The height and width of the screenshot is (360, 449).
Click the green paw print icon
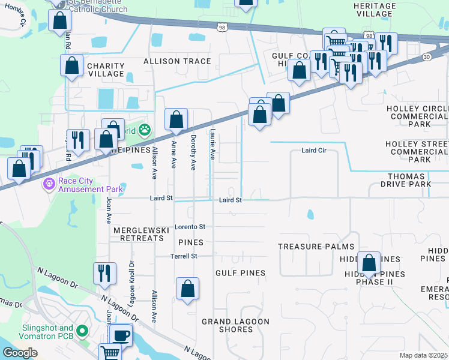click(144, 129)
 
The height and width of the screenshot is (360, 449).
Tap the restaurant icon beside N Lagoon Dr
click(104, 274)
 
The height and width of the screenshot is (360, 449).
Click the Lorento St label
click(190, 227)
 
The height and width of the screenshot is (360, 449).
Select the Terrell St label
click(185, 256)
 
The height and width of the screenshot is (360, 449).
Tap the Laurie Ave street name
click(212, 144)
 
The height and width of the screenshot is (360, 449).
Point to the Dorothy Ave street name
click(193, 151)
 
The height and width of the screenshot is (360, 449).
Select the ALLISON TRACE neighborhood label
click(176, 61)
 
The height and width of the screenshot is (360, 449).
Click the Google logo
click(20, 353)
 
